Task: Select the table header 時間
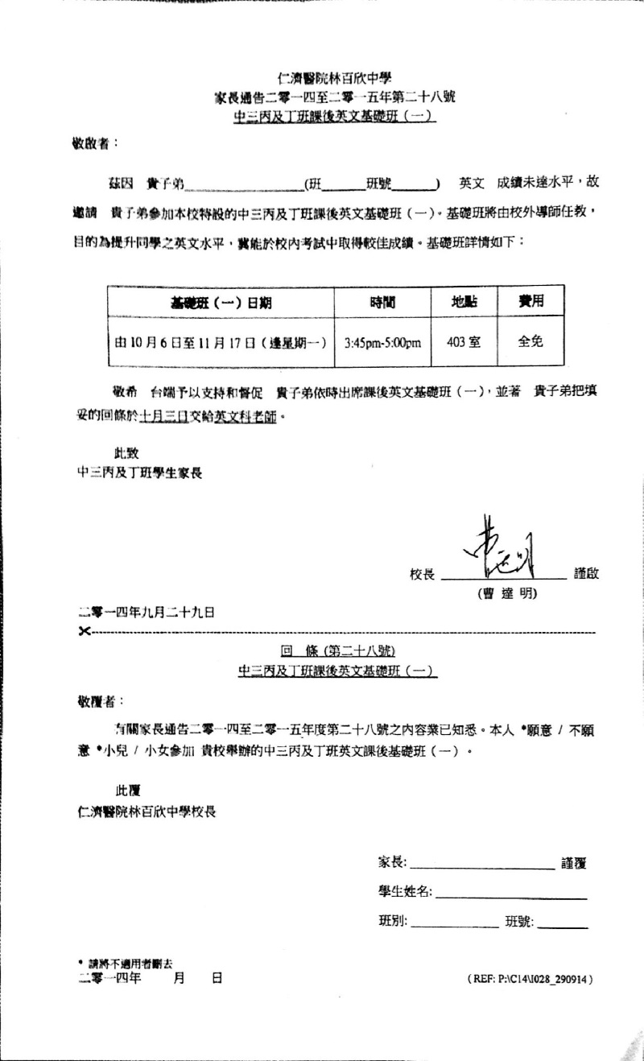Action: point(382,303)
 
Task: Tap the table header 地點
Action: point(463,303)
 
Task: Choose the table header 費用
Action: point(530,302)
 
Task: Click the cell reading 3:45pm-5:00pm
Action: point(382,341)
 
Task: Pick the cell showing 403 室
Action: point(463,341)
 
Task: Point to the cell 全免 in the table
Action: point(530,341)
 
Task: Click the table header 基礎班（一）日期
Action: point(221,303)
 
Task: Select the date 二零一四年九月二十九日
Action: point(146,612)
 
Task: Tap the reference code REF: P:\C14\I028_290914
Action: point(530,979)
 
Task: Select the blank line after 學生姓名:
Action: point(511,893)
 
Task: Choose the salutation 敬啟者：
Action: point(95,143)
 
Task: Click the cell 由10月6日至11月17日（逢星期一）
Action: point(221,341)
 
